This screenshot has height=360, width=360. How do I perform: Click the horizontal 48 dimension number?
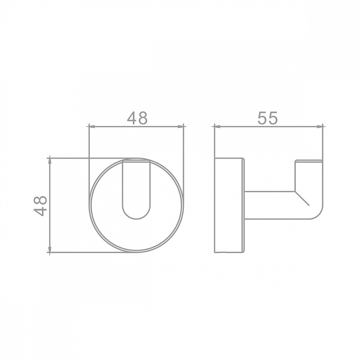137,118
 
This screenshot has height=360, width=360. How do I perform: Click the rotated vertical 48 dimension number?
40,206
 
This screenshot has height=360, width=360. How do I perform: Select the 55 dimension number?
268,118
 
